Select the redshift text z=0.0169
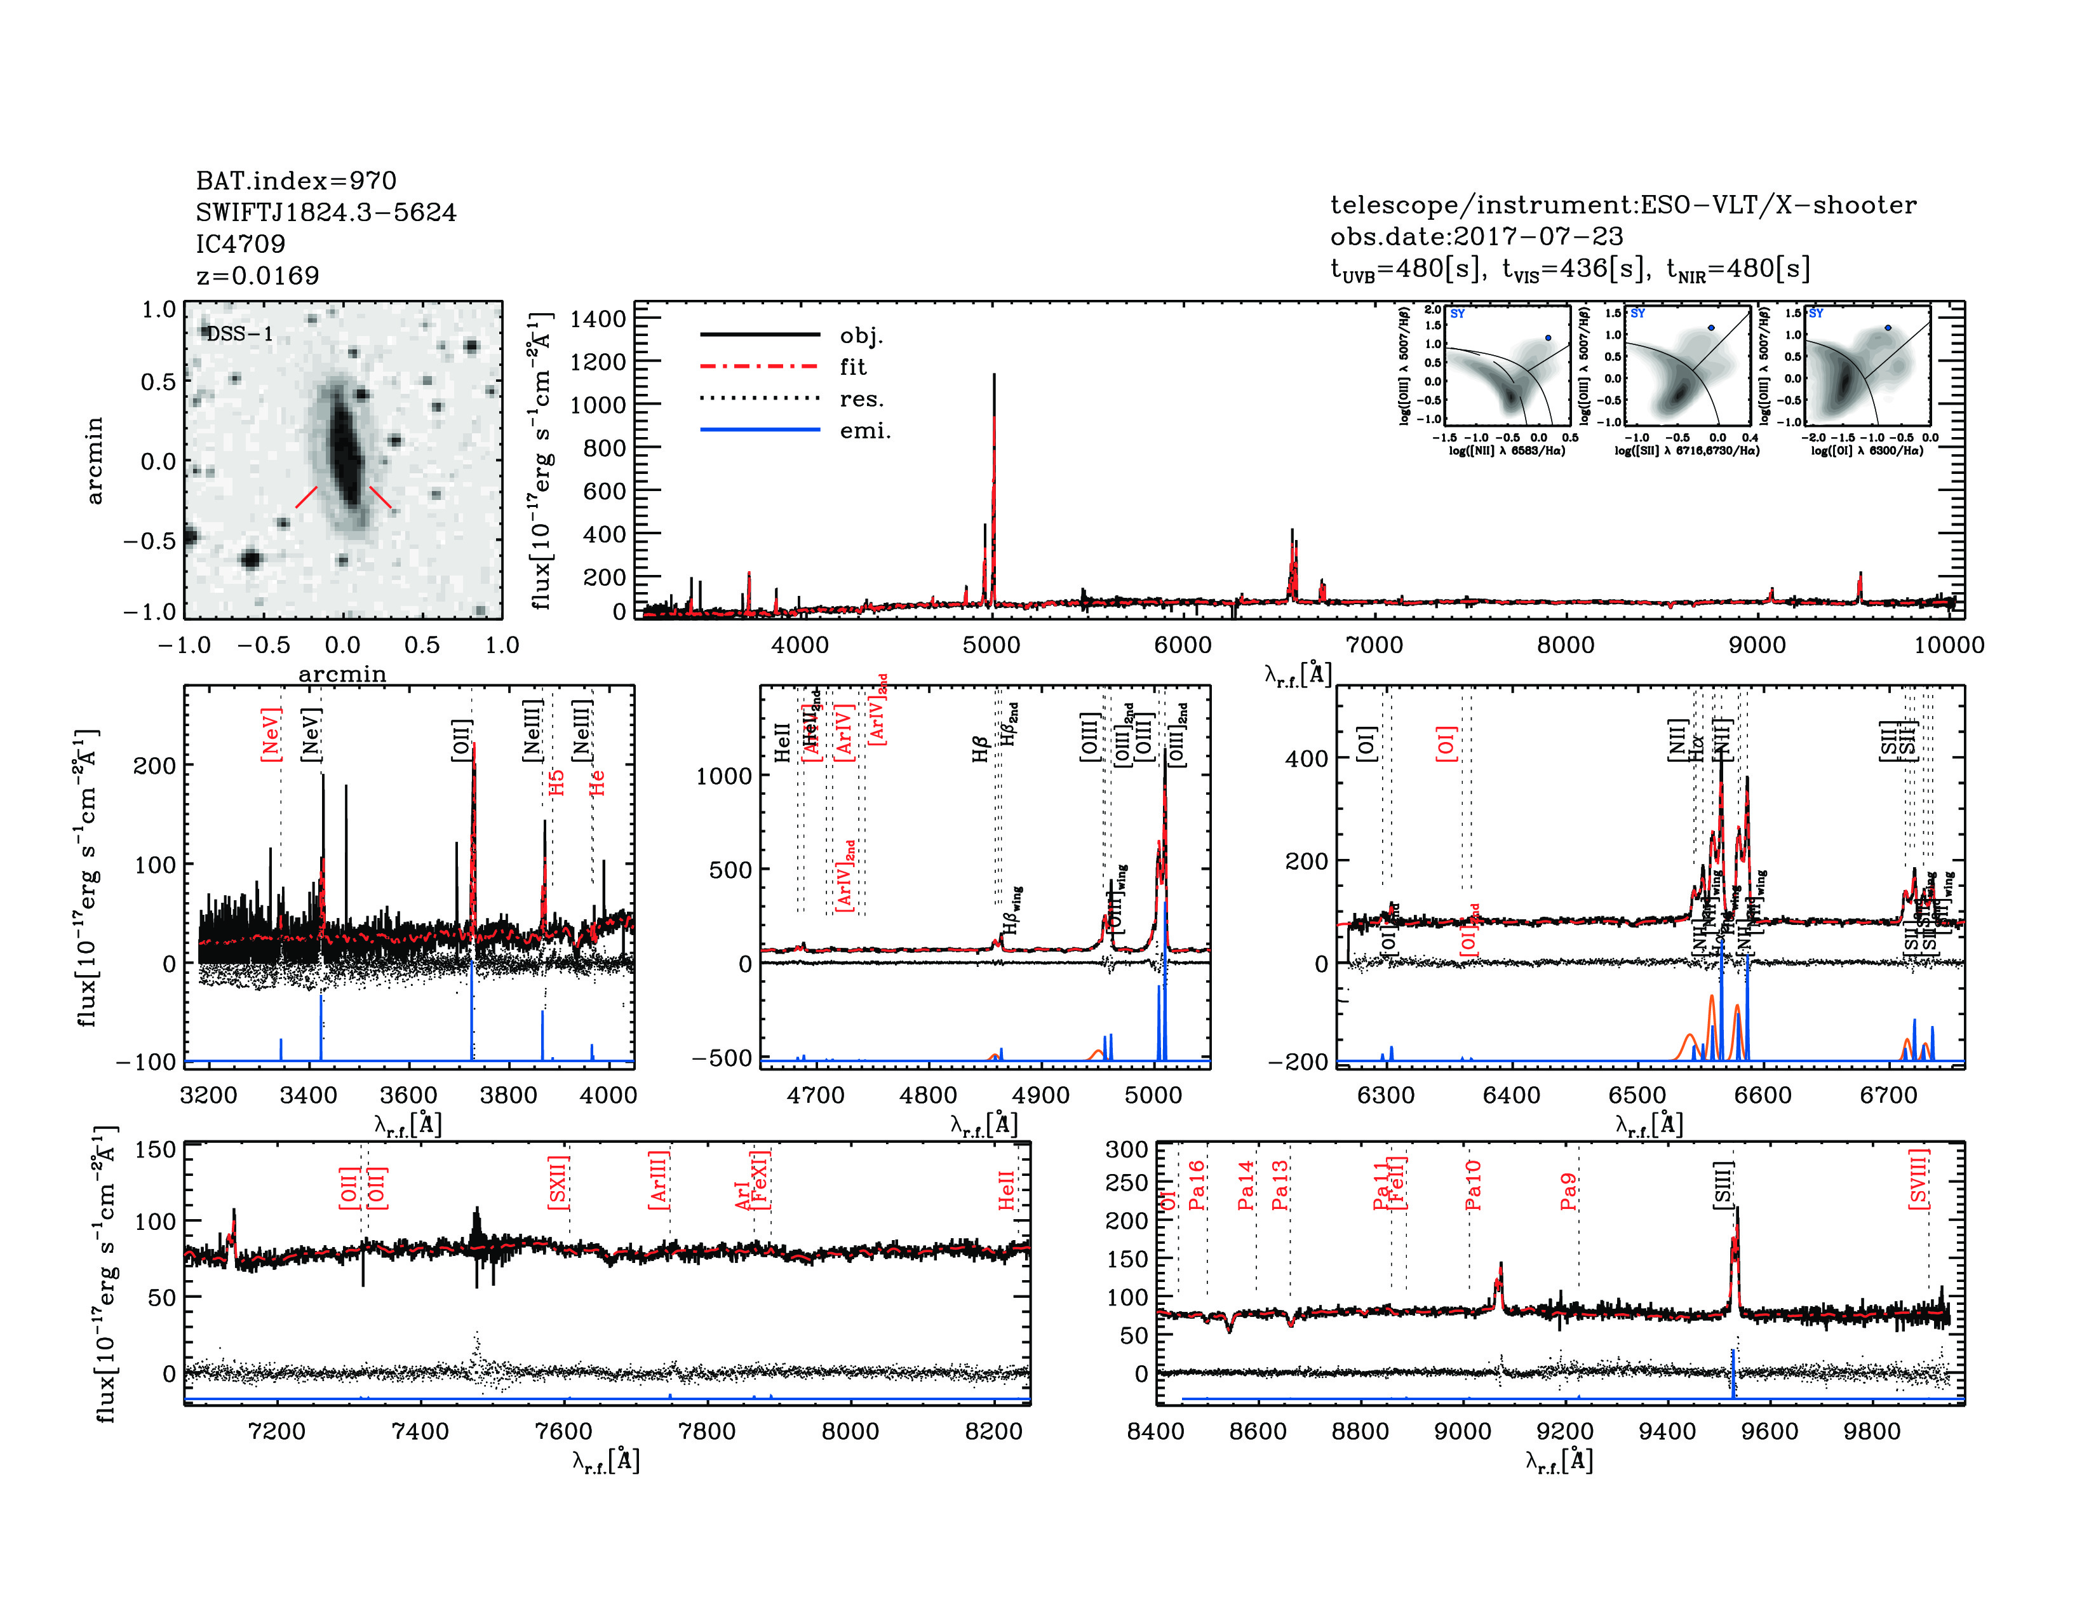pos(257,276)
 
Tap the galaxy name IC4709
pos(240,245)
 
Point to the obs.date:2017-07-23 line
pos(1476,237)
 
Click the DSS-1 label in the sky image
pos(240,334)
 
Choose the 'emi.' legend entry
pos(864,431)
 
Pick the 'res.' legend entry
pos(861,399)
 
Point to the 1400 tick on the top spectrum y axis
pos(597,320)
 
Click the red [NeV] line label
pos(271,735)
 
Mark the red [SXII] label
pos(558,1182)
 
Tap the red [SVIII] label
pos(1918,1180)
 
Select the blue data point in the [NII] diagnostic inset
pos(1548,338)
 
